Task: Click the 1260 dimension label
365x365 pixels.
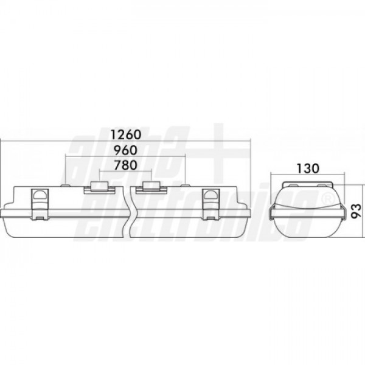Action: (126, 134)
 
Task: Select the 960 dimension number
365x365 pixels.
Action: (125, 150)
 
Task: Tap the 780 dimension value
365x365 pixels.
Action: (125, 165)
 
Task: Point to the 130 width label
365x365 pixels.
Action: (307, 169)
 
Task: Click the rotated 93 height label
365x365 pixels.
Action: (356, 211)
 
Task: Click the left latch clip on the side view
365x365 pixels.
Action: (40, 204)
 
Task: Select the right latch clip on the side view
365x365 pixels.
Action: (211, 204)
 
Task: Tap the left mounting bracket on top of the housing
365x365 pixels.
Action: (100, 187)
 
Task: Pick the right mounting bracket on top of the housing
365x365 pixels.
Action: (151, 187)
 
